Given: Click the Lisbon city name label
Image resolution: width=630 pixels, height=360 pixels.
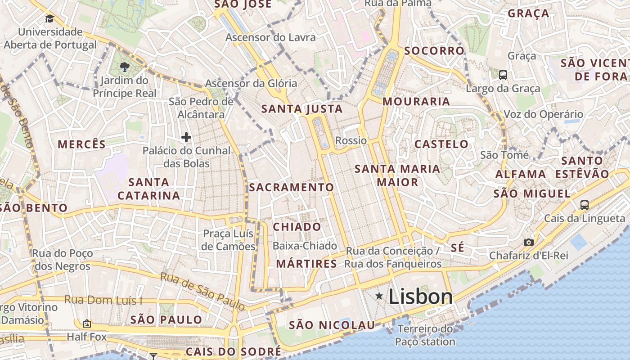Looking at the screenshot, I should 420,297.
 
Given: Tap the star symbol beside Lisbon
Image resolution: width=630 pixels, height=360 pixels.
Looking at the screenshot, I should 379,296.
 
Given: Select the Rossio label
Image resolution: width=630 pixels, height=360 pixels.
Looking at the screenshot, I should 351,140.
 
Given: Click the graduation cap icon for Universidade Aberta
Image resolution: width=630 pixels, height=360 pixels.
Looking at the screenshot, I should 49,18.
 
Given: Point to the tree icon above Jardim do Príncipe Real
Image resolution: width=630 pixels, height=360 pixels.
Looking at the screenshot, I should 124,67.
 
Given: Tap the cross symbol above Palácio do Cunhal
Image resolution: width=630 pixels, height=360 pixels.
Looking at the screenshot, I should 186,137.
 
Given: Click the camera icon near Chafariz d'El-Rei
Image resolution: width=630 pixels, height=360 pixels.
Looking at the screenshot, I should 529,242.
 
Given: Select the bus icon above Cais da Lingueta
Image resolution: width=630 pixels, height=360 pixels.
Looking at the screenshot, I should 584,205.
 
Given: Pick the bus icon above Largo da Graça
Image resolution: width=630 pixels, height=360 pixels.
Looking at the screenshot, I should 503,75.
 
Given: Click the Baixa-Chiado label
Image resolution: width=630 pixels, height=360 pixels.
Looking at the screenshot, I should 305,246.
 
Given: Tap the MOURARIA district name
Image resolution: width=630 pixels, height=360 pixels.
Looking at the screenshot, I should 416,101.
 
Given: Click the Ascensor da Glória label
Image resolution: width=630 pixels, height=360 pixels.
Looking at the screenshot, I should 251,83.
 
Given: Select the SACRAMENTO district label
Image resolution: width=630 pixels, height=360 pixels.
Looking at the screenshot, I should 292,187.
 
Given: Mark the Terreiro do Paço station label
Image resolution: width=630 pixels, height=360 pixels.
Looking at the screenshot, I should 425,335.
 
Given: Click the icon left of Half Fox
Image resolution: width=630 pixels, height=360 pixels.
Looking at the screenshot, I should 86,323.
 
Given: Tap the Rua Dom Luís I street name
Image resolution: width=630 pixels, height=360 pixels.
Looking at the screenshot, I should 103,300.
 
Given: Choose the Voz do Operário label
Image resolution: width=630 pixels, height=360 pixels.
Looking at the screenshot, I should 543,114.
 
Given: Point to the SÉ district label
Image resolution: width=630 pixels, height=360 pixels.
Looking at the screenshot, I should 457,248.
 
